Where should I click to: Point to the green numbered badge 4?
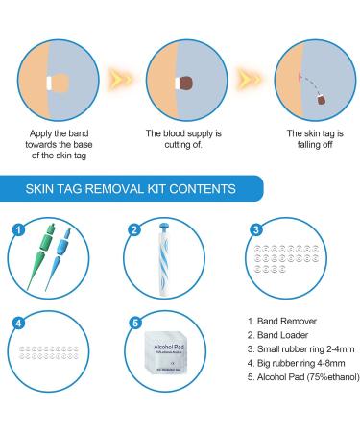(x=16, y=323)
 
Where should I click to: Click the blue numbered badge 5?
(x=134, y=323)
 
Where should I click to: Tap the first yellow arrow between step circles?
(x=119, y=72)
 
